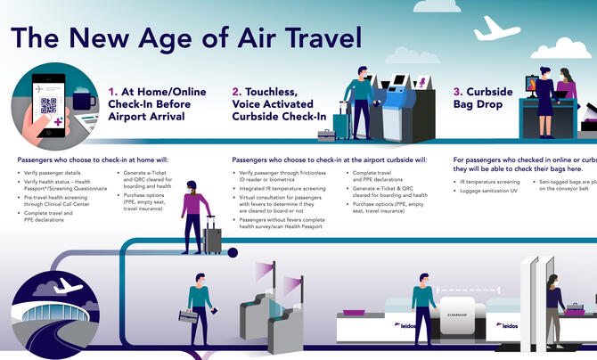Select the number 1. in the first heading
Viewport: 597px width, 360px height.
tap(113, 91)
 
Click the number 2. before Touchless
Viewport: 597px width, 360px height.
tap(237, 91)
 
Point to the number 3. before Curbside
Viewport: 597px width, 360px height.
tap(458, 91)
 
